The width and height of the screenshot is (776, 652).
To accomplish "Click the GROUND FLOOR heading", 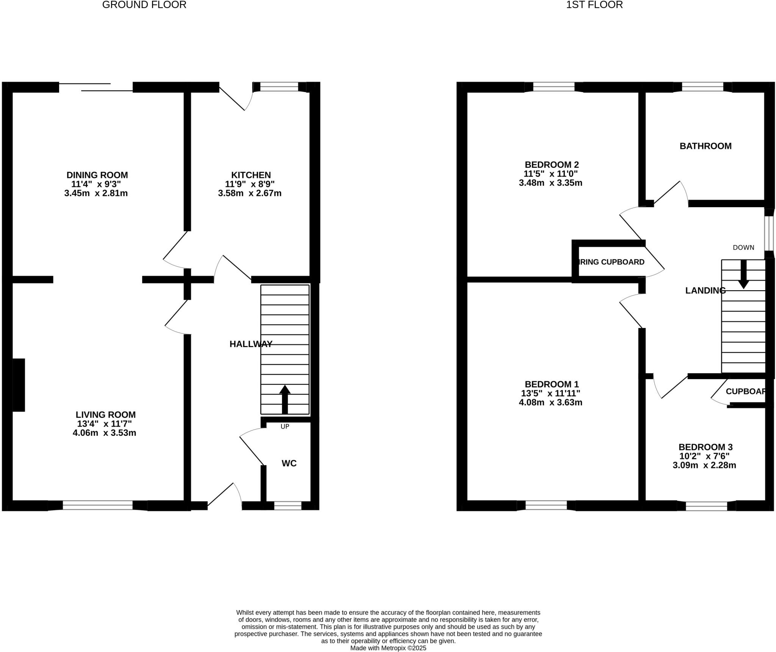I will point(144,5).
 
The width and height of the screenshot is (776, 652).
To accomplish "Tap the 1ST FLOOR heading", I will point(595,5).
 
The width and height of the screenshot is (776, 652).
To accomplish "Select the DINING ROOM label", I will point(97,175).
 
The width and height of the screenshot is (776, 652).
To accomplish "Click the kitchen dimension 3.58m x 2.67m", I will point(250,193).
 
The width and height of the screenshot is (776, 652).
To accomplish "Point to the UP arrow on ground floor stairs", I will point(285,399).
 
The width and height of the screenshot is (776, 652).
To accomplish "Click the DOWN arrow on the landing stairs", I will point(743,274).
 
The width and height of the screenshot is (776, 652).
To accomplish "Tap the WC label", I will point(289,463).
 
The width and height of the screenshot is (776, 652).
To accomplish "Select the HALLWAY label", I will point(251,344).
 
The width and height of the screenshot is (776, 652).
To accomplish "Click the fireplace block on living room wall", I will point(19,385).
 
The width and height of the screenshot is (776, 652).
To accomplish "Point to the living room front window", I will point(98,505).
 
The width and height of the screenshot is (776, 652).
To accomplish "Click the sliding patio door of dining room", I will point(96,88).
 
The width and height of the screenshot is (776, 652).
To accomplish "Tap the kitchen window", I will point(279,87).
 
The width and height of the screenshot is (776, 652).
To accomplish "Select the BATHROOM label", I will point(705,146).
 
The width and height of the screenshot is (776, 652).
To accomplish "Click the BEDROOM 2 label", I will point(551,165).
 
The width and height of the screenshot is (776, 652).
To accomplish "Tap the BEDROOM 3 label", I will point(705,447).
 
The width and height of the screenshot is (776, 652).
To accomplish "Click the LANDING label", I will point(705,291).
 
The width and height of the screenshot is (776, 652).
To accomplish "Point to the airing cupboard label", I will point(611,262).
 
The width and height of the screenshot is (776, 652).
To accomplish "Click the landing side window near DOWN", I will point(769,233).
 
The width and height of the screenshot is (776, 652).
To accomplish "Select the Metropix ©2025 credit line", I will point(388,648).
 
